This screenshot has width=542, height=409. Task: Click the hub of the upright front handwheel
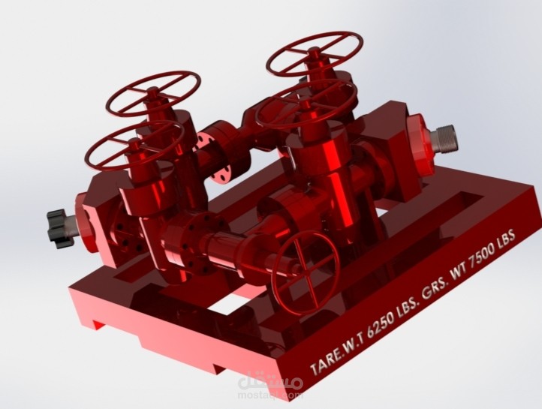(x=303, y=263)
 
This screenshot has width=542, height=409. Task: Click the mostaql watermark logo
(x=271, y=383)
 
